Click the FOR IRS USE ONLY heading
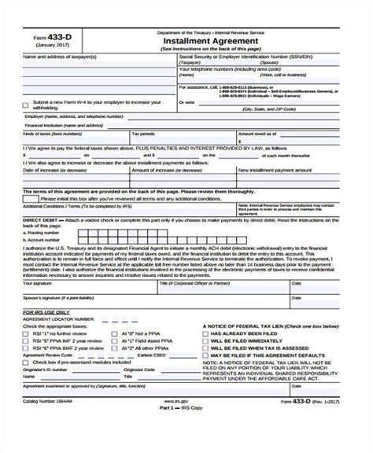(48, 312)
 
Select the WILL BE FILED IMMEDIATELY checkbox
(205, 343)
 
